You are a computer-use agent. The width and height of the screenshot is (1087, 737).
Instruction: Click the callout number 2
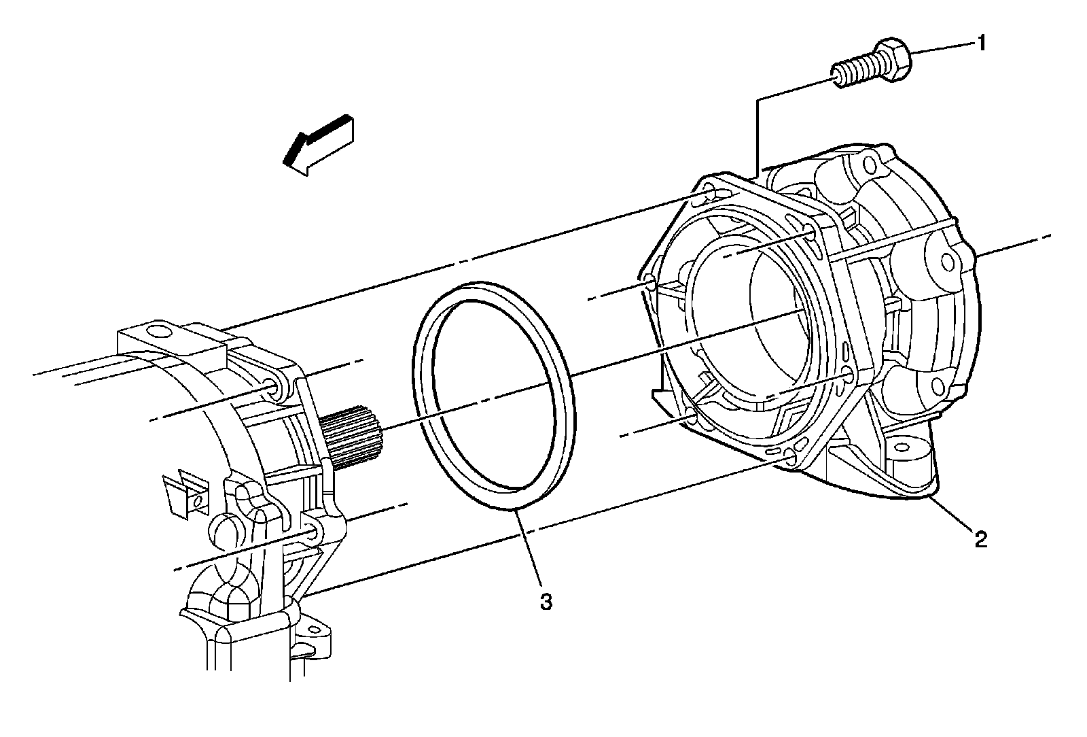(980, 540)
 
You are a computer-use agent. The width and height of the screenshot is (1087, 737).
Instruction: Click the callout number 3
(546, 601)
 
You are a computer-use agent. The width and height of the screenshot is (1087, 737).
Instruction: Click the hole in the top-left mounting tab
(158, 332)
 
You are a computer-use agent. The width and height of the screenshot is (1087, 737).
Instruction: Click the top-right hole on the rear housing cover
(869, 164)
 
